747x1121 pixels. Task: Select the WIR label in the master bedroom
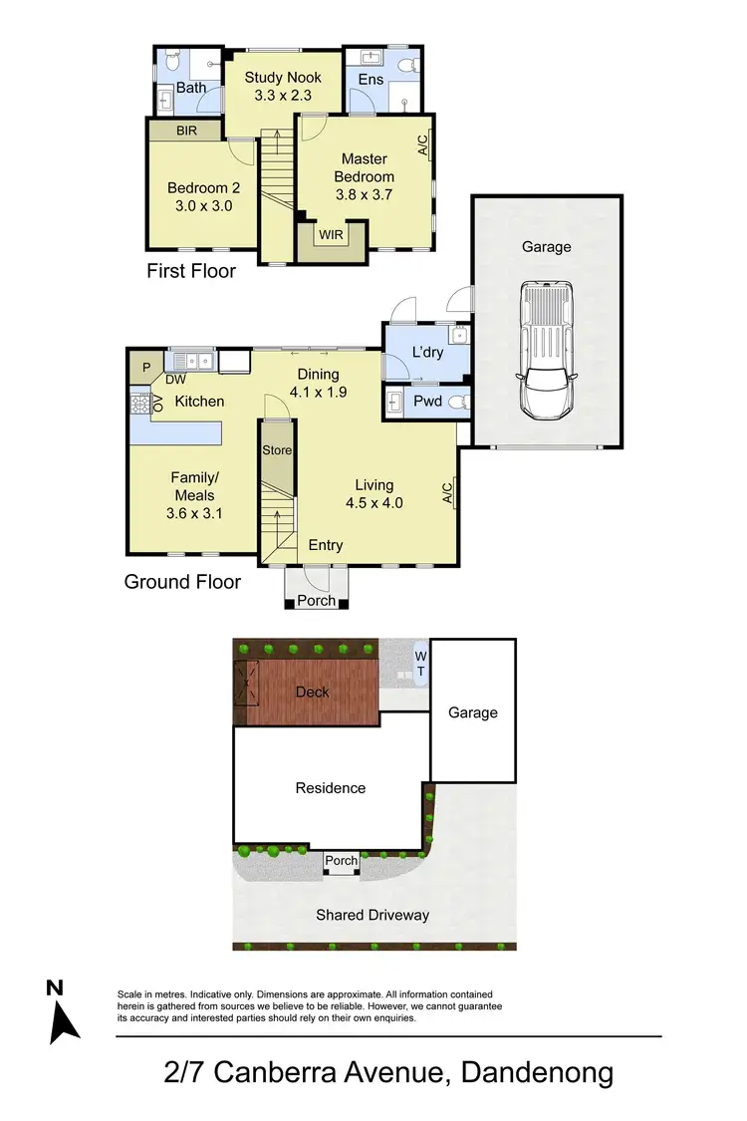tap(329, 235)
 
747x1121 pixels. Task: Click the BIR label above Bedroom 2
tap(186, 130)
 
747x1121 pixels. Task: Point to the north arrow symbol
tap(63, 1013)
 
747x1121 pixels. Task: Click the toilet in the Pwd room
tap(455, 403)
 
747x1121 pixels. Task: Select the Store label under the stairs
tap(277, 450)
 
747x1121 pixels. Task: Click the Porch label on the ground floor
tap(317, 601)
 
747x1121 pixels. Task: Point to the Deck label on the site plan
tap(312, 692)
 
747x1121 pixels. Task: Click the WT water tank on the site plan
tap(420, 664)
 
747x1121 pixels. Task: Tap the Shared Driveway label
tap(373, 914)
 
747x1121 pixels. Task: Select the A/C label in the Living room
tap(448, 491)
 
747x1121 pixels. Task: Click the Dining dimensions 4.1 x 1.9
tap(317, 392)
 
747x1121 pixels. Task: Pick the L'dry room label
tap(427, 352)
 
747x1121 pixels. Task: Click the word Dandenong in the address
tap(536, 1073)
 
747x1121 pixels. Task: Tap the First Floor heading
tap(191, 270)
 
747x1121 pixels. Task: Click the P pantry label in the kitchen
tap(145, 368)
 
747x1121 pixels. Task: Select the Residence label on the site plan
tap(331, 787)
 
